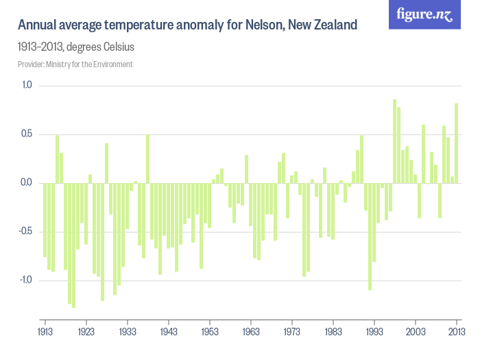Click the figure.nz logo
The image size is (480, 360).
pyautogui.click(x=424, y=15)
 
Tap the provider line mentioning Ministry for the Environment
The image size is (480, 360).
pyautogui.click(x=75, y=64)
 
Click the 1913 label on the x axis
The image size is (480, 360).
pyautogui.click(x=45, y=331)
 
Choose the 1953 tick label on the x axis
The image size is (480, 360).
pyautogui.click(x=210, y=331)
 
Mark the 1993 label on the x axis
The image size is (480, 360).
pyautogui.click(x=374, y=331)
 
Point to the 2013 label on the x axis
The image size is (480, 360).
pyautogui.click(x=456, y=331)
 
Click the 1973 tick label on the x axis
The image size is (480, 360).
pyautogui.click(x=292, y=331)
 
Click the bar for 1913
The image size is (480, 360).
pyautogui.click(x=45, y=219)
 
